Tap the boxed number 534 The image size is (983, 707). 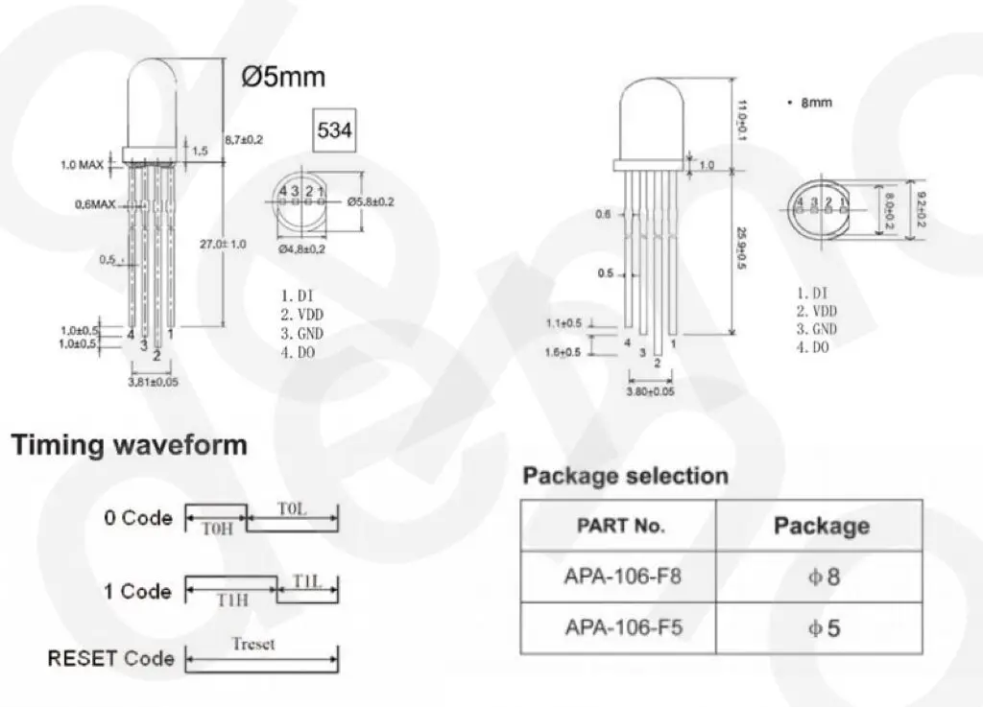[x=334, y=130]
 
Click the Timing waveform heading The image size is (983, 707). [x=129, y=445]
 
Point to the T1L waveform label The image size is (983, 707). [x=306, y=581]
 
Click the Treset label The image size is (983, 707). [x=252, y=644]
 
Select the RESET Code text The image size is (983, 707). [x=110, y=659]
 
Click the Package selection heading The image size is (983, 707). [x=625, y=476]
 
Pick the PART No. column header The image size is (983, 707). [x=620, y=526]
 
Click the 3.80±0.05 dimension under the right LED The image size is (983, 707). [x=650, y=392]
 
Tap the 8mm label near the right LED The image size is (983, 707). [x=816, y=103]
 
